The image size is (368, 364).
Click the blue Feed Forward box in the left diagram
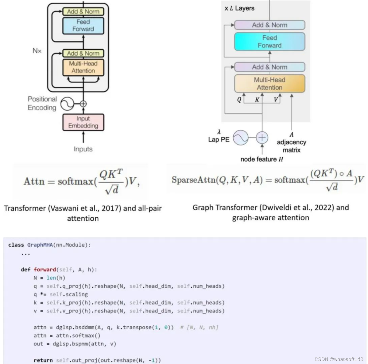tap(83, 25)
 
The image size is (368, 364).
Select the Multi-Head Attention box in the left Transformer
tap(83, 67)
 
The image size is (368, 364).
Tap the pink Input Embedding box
tap(83, 122)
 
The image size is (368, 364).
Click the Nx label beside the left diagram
tap(37, 51)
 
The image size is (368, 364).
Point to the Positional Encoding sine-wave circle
tap(67, 104)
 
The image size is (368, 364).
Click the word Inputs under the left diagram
tap(83, 149)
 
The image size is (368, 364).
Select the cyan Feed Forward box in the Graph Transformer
tap(269, 42)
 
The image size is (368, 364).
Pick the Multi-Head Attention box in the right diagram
tap(269, 84)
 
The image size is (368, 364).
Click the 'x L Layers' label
tap(239, 8)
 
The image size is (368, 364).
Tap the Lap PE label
tap(219, 139)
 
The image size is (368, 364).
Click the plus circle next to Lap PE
tap(262, 138)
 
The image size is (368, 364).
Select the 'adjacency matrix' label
tap(292, 146)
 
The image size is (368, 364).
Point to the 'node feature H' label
tap(261, 159)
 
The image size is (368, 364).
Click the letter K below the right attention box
tap(257, 100)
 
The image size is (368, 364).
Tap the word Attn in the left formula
tap(34, 181)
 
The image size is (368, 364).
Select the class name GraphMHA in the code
tap(40, 245)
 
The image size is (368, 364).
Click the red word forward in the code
tap(45, 270)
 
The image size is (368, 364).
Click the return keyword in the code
tap(43, 360)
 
